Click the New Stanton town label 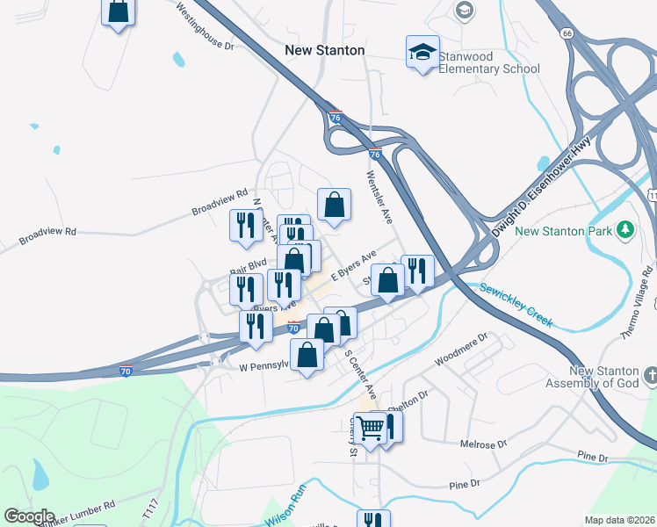(324, 50)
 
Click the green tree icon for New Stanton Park (625, 230)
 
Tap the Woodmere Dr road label (460, 350)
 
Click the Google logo (28, 516)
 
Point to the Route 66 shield (567, 32)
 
